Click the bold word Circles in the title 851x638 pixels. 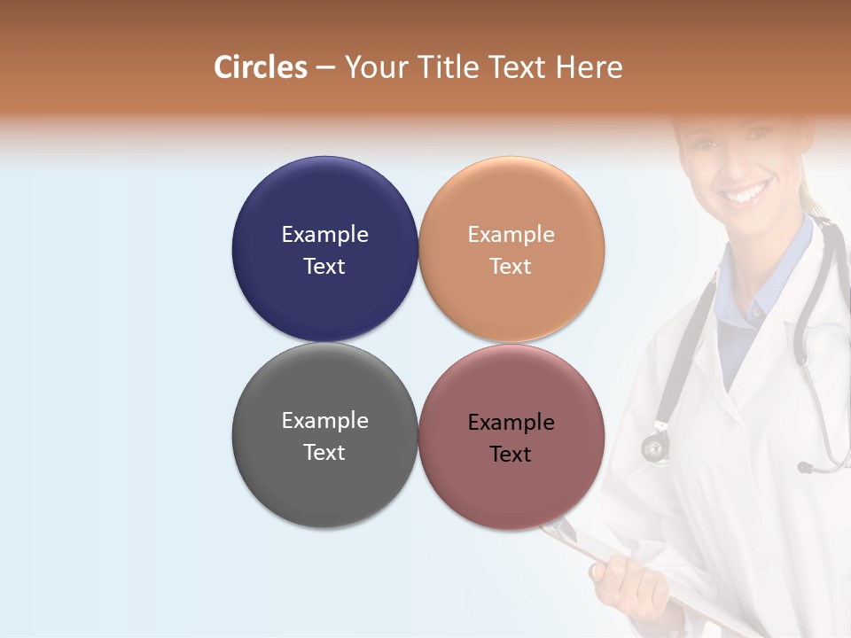(x=261, y=67)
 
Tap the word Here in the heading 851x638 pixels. (x=589, y=67)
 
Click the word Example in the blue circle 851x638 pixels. (x=324, y=235)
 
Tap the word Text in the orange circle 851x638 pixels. (x=511, y=267)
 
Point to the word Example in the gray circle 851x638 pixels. (x=324, y=421)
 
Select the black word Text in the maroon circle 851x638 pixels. (x=511, y=455)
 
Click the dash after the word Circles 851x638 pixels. (x=325, y=69)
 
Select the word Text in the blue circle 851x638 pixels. (x=324, y=267)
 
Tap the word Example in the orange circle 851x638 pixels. (x=511, y=235)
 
